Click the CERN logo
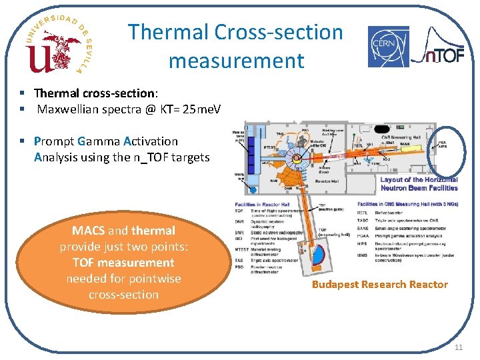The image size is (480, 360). tap(389, 47)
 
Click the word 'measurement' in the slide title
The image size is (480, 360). tap(236, 61)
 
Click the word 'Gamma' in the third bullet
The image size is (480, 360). tap(99, 141)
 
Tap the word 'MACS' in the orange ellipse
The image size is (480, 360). tap(89, 231)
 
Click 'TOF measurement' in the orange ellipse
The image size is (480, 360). tap(123, 263)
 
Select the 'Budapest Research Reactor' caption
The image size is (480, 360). tap(381, 285)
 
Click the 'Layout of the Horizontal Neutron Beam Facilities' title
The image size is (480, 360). tap(419, 184)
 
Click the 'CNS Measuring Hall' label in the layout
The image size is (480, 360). tap(403, 137)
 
